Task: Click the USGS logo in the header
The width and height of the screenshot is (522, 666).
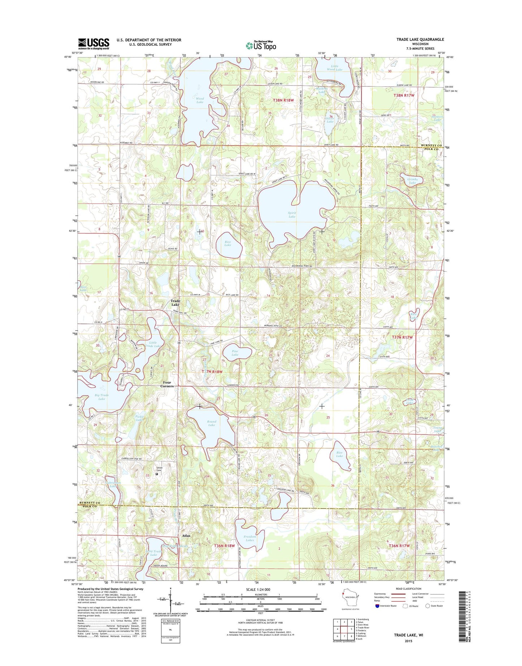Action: point(94,44)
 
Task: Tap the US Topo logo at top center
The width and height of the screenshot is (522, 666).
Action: point(261,46)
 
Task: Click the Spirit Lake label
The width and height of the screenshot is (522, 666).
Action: point(292,215)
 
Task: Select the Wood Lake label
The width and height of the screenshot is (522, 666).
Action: point(200,100)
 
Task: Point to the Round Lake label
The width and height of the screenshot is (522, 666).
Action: point(212,423)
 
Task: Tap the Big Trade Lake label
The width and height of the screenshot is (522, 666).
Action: point(102,397)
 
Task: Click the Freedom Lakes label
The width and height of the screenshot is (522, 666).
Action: point(250,538)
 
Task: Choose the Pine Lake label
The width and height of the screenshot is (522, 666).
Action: point(235,353)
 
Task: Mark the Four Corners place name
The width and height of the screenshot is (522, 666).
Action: point(167,384)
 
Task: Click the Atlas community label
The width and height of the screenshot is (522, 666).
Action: point(186,535)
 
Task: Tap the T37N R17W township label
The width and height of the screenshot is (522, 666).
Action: point(402,337)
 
